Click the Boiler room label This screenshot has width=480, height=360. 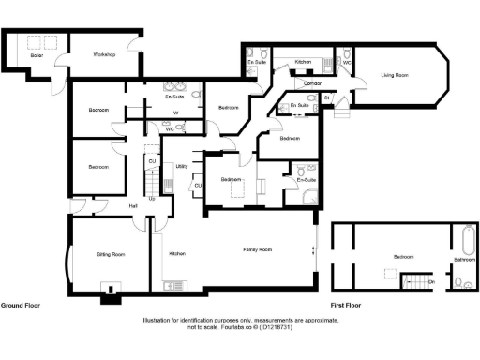tap(37, 55)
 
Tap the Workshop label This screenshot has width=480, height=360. tap(103, 55)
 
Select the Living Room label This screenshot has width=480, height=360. tap(394, 75)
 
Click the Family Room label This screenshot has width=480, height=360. tap(258, 249)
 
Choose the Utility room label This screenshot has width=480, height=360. tap(182, 166)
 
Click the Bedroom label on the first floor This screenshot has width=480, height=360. tap(403, 256)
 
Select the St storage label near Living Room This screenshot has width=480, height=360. tap(325, 97)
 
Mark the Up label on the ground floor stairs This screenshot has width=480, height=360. tap(152, 199)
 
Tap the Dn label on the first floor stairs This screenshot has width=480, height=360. tap(431, 280)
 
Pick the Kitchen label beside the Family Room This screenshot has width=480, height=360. tap(177, 254)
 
